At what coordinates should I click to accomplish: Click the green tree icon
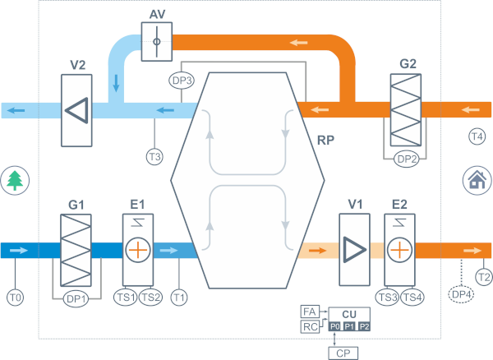click(14, 179)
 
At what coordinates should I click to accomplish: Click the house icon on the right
click(476, 179)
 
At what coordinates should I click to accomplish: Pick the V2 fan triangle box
click(77, 109)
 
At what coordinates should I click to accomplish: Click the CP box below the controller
click(343, 353)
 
